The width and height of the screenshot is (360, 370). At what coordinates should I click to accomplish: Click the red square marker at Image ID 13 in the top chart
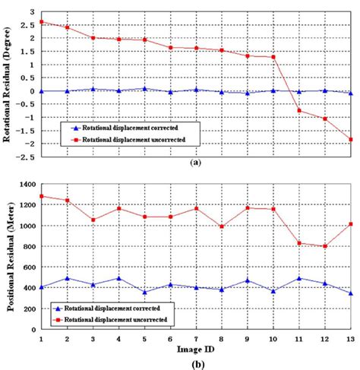351,139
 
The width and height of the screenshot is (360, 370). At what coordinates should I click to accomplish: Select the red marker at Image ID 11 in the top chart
299,111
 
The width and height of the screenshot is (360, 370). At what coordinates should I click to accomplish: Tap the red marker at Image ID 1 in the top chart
41,22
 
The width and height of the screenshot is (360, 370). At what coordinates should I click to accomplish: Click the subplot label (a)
196,163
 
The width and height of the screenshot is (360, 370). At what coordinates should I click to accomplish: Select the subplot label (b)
196,363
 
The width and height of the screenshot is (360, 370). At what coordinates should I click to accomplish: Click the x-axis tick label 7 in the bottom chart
196,339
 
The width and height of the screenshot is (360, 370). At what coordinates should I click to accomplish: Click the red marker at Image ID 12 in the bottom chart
325,246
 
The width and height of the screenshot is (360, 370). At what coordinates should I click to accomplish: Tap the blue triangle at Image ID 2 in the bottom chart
67,278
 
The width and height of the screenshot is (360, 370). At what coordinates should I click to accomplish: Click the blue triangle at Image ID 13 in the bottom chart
351,293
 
